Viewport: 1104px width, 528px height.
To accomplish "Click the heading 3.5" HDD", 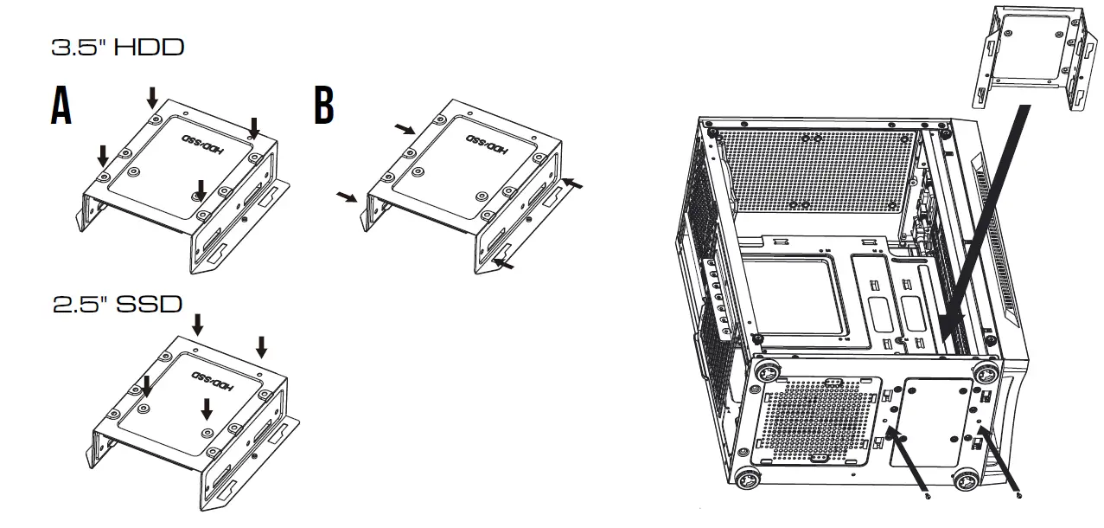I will pyautogui.click(x=118, y=48).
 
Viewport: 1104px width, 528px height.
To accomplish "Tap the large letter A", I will pyautogui.click(x=61, y=107).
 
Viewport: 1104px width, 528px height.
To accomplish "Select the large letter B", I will pyautogui.click(x=323, y=107).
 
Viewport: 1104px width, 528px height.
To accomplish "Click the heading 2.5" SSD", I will pyautogui.click(x=118, y=305).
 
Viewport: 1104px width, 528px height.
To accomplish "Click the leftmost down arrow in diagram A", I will pyautogui.click(x=103, y=156).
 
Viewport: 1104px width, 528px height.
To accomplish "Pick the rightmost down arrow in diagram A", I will pyautogui.click(x=253, y=126).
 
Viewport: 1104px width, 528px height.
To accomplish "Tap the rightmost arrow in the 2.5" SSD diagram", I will pyautogui.click(x=261, y=347).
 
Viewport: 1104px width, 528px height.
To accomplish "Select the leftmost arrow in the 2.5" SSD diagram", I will pyautogui.click(x=146, y=387).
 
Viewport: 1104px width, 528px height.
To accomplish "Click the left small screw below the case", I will pyautogui.click(x=927, y=497).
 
